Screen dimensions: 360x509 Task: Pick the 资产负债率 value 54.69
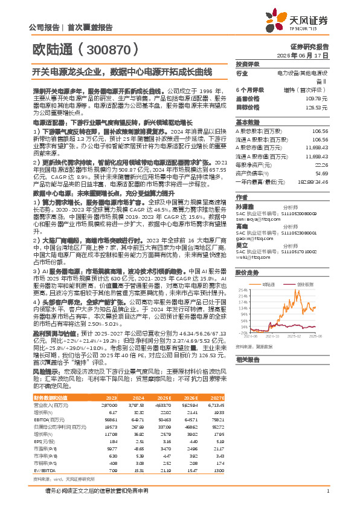click(x=321, y=173)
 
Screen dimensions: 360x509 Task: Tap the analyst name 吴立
click(x=241, y=245)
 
